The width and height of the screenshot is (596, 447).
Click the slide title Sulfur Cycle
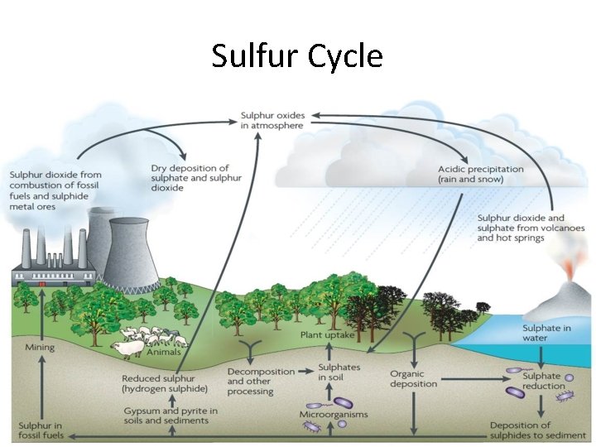click(297, 56)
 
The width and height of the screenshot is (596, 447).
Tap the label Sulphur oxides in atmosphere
click(272, 120)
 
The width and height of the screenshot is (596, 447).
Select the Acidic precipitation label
click(480, 175)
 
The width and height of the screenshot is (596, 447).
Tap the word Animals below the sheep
click(163, 353)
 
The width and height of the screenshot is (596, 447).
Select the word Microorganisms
click(334, 414)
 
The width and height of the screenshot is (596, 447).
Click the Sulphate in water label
click(546, 334)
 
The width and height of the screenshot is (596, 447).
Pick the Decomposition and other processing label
click(250, 382)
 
